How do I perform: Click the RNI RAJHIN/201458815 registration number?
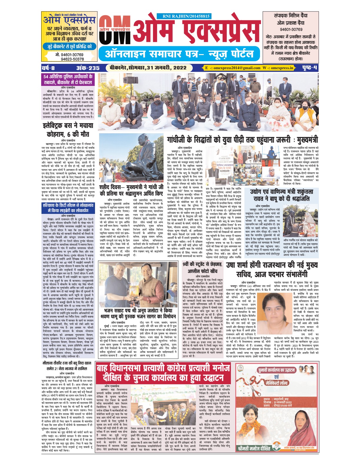(x=186, y=16)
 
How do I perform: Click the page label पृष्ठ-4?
(x=310, y=68)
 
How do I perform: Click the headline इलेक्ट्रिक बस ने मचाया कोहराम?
(x=68, y=130)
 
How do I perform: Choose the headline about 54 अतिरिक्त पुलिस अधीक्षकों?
(x=68, y=79)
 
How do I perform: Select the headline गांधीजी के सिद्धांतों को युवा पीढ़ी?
(x=243, y=139)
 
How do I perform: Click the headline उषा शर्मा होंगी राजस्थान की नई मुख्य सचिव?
(x=271, y=269)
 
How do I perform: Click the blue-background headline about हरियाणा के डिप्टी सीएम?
(x=68, y=208)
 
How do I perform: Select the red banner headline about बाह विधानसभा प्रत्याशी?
(x=164, y=373)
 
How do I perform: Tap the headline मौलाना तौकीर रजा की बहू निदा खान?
(x=68, y=366)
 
